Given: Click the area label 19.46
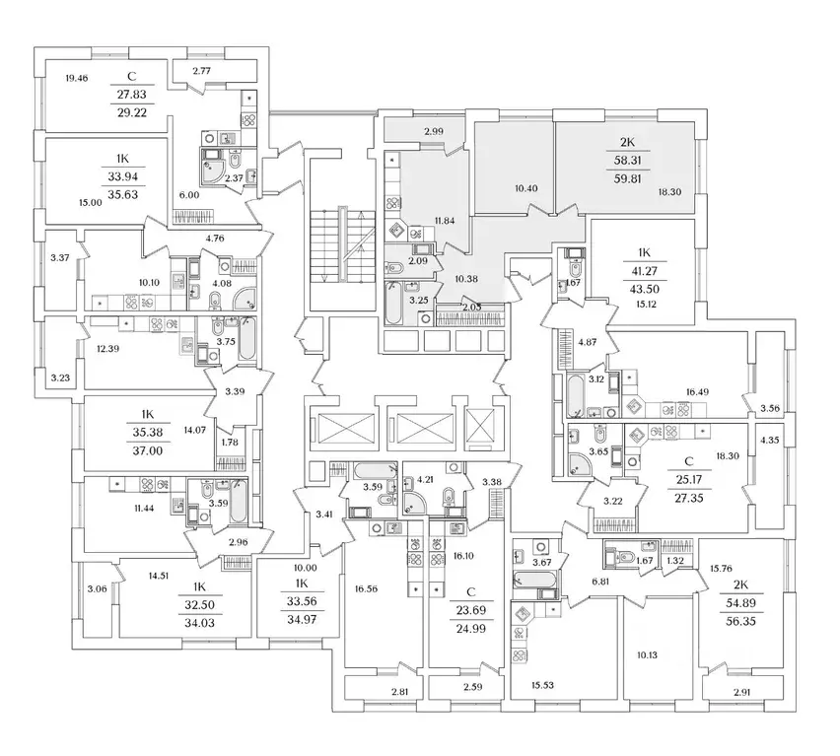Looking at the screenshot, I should click(76, 77).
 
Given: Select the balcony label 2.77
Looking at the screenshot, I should click(201, 71).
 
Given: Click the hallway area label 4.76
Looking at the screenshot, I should click(215, 238).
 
